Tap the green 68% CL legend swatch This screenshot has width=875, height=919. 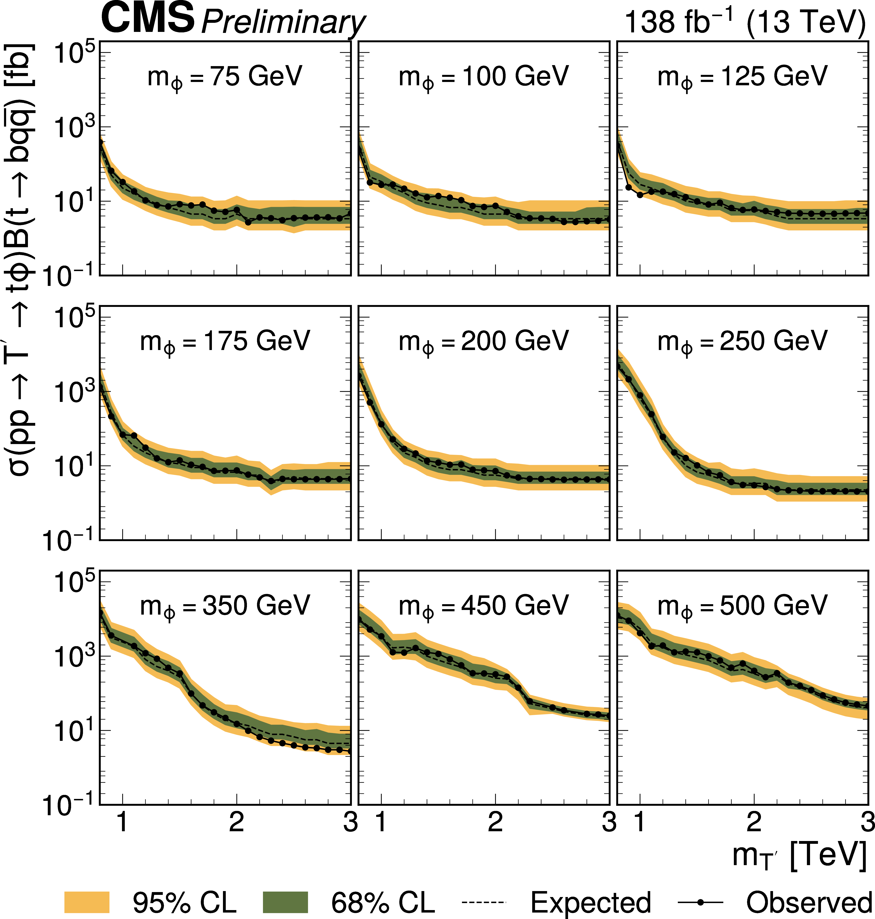coord(285,902)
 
